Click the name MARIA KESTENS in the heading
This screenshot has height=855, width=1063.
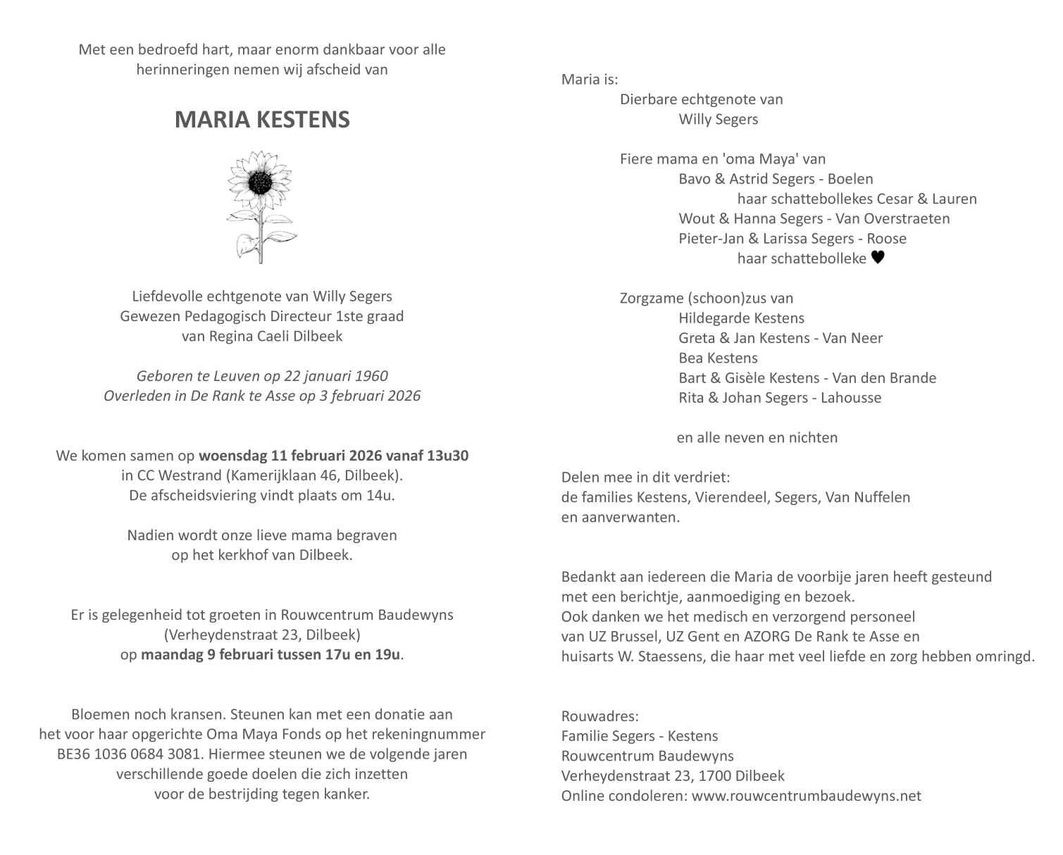tap(262, 120)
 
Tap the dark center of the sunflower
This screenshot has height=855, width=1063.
tap(262, 183)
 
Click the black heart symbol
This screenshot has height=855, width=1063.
tap(877, 258)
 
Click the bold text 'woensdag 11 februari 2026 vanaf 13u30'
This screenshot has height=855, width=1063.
tap(333, 456)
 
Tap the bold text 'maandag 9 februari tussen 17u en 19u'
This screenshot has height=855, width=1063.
tap(271, 654)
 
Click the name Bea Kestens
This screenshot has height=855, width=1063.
tap(718, 358)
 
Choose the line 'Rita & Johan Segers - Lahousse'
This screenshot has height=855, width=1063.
tap(780, 397)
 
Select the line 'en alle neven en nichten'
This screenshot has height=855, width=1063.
tap(757, 437)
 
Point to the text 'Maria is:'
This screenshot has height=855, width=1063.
tap(590, 79)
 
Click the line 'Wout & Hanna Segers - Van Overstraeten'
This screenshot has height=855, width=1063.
tap(814, 218)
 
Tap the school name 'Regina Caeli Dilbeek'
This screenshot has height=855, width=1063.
tap(275, 336)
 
